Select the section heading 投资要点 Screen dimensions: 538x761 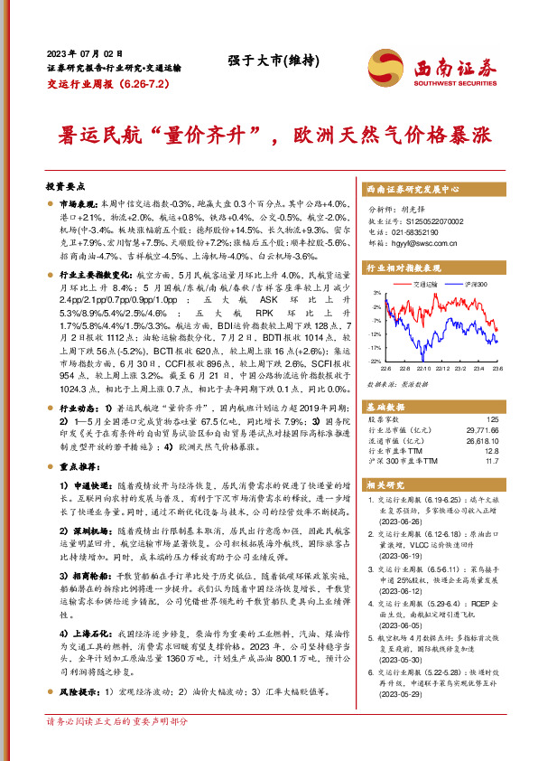click(x=64, y=184)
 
